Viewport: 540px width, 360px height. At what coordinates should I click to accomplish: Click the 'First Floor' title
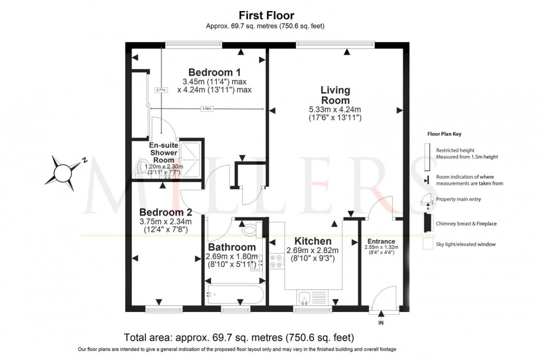tap(266, 15)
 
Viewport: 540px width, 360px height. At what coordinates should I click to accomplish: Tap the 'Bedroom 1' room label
tap(214, 72)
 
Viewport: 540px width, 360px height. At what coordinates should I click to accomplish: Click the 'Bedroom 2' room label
tap(165, 212)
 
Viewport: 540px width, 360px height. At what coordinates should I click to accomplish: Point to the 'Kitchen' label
tap(312, 241)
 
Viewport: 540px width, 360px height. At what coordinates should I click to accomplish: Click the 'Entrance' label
tap(381, 241)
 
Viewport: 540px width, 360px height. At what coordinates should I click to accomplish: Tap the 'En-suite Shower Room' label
tap(163, 149)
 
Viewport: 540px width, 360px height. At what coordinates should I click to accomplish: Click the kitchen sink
tap(304, 298)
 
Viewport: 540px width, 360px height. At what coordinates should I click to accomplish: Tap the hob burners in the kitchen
tap(277, 261)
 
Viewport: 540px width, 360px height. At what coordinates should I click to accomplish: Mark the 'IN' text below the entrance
tap(381, 323)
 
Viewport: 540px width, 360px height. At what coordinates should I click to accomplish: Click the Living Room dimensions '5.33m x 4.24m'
tap(335, 109)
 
